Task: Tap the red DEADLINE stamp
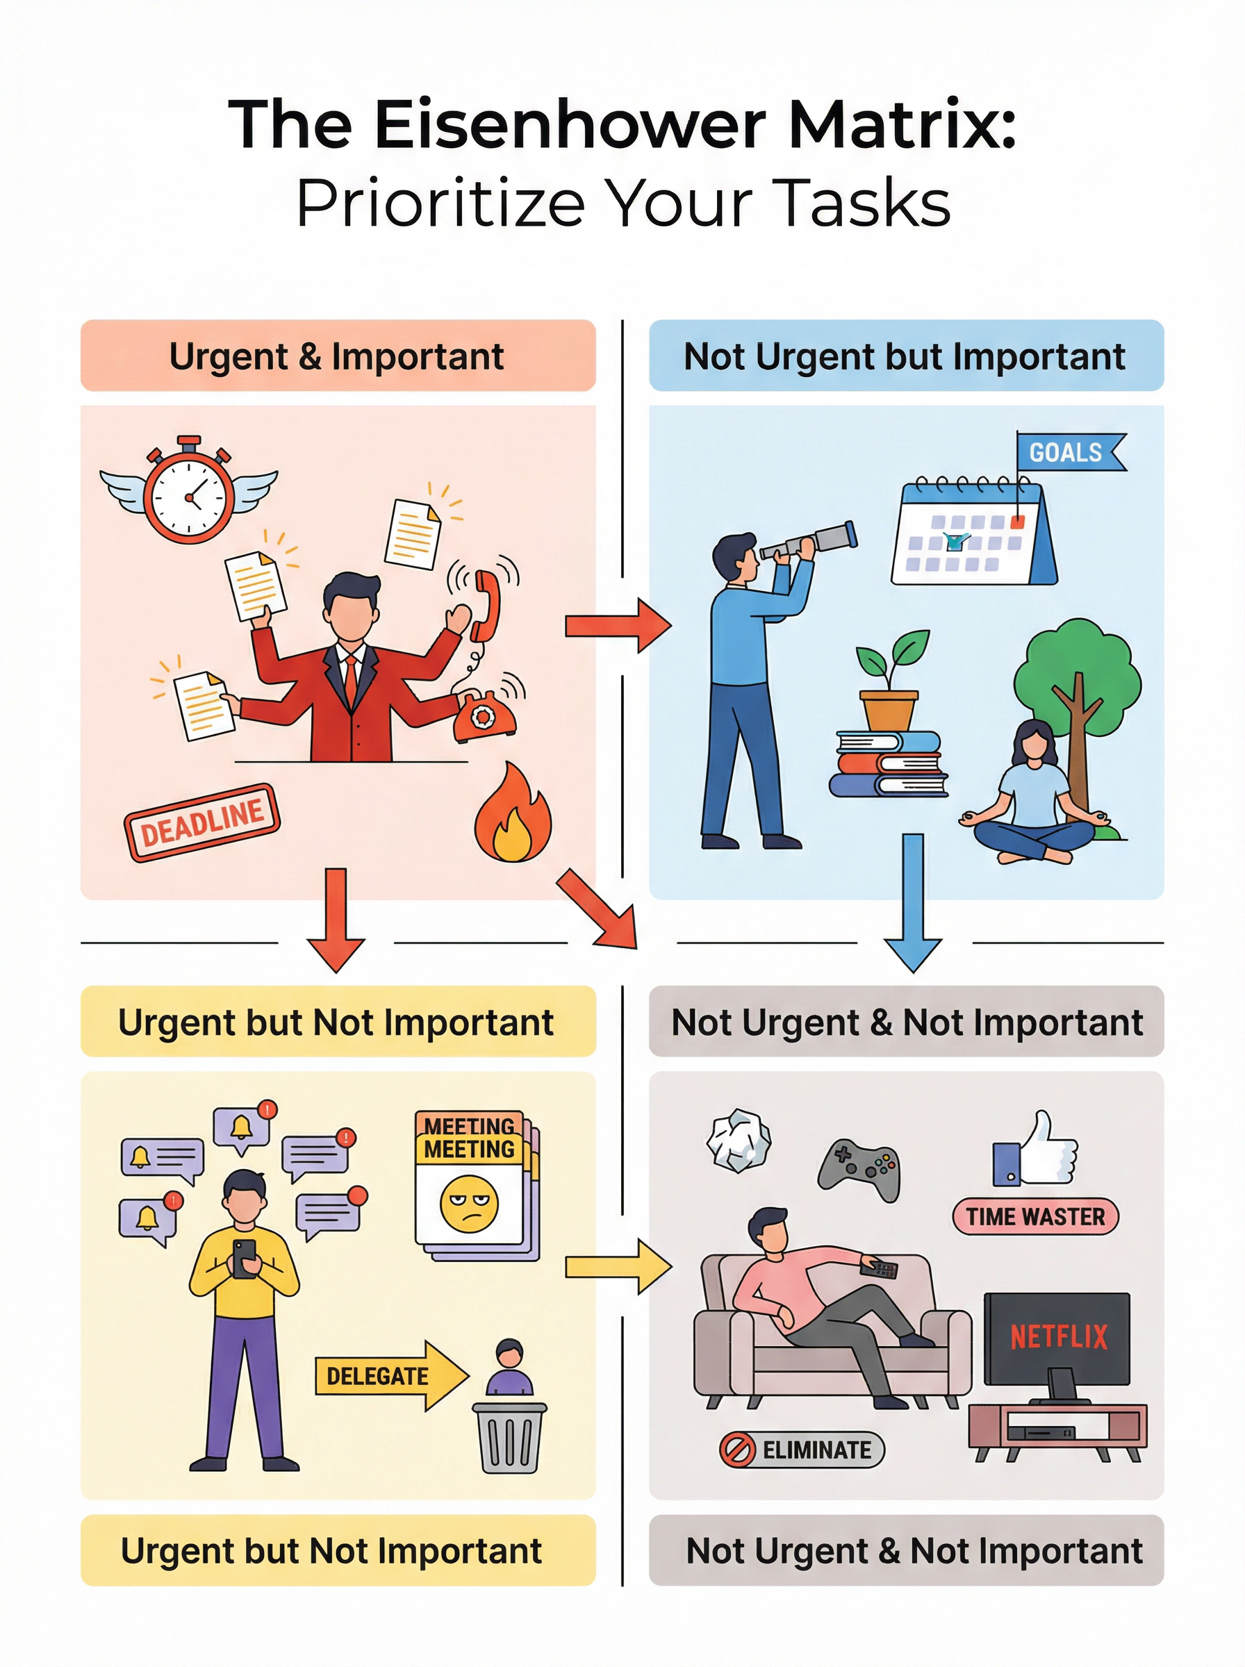[x=202, y=822]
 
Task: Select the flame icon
[x=513, y=814]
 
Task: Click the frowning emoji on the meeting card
[x=469, y=1203]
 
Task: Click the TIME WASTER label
[x=1034, y=1216]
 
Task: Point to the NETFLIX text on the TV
[x=1058, y=1337]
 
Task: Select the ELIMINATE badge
[x=801, y=1450]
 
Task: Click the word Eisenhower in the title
[x=570, y=124]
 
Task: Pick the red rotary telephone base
[x=484, y=718]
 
